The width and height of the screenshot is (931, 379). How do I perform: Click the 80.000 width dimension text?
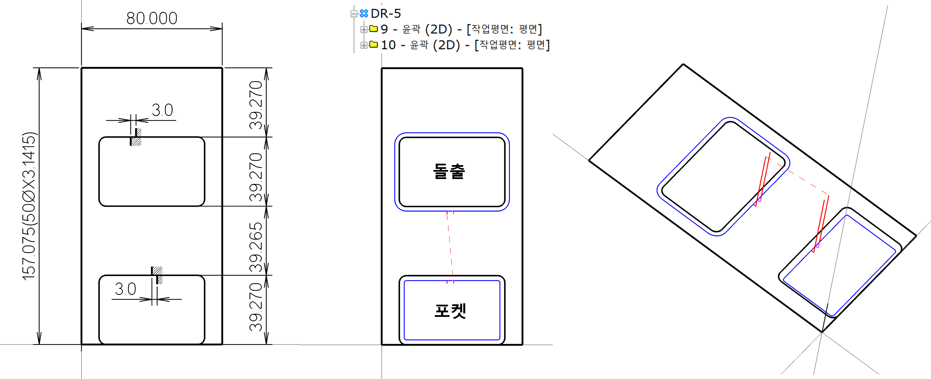coord(152,18)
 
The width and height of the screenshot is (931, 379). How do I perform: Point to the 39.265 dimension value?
coord(256,247)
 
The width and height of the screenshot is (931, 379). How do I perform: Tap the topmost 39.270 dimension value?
coord(256,105)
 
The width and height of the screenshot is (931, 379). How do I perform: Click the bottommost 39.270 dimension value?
coord(256,307)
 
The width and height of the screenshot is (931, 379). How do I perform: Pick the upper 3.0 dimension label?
coord(162,110)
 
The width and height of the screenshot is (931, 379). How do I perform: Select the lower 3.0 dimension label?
coord(126,289)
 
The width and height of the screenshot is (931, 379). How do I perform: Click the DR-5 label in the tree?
coord(386,14)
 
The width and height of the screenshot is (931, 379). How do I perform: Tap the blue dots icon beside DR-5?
coord(364,14)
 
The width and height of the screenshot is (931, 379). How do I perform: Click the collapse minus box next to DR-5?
coord(354,14)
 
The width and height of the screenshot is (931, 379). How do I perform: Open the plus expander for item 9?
coord(364,29)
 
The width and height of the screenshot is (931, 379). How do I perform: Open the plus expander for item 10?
coord(364,45)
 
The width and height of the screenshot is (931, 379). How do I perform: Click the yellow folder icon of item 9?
coord(374,29)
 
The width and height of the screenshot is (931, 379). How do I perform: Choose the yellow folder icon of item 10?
coord(374,44)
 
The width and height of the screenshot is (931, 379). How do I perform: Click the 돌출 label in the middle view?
coord(449,171)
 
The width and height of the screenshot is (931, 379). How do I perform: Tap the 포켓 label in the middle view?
coord(450,311)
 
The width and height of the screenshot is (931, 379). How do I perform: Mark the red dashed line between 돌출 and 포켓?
coord(450,246)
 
